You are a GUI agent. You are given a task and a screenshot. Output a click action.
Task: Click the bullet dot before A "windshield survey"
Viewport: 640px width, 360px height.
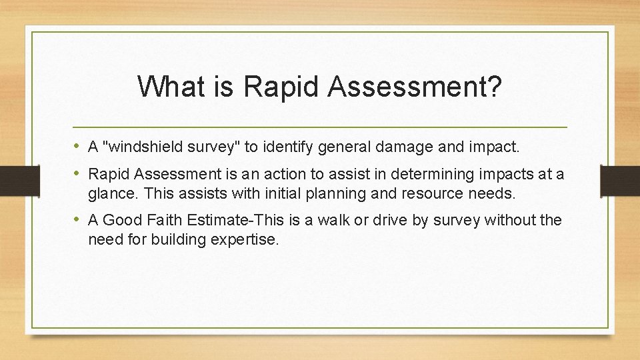click(x=77, y=145)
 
